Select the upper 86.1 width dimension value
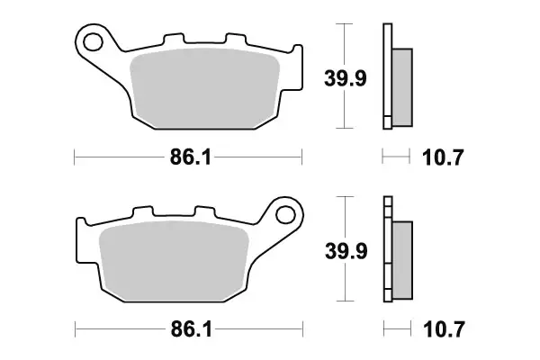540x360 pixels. (x=190, y=159)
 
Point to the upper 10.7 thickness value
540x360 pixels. (x=442, y=158)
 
